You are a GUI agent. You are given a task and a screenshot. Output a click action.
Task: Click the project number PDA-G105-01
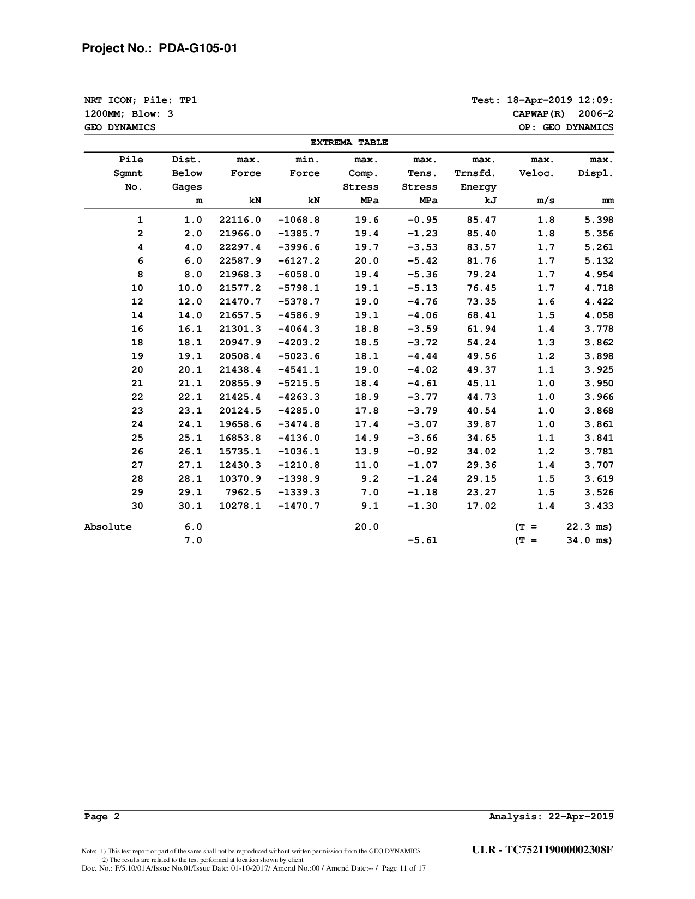coord(198,48)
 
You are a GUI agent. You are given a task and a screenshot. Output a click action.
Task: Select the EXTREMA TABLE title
coord(349,143)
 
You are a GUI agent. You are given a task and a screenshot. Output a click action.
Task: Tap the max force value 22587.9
coord(240,261)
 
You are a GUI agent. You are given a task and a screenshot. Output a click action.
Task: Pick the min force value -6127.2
coord(299,261)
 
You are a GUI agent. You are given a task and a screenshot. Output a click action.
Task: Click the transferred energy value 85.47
coord(482,220)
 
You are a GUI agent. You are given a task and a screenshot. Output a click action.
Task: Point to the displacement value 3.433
coord(599,506)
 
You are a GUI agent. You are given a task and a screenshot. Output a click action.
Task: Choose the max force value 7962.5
coord(243,493)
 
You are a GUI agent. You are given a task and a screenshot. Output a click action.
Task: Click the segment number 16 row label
coord(137,329)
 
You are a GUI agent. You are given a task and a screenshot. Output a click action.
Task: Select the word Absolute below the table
coord(108,527)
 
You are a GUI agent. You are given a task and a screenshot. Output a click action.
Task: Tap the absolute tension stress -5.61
coord(422,540)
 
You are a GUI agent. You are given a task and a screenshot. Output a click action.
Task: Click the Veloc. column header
coord(537,173)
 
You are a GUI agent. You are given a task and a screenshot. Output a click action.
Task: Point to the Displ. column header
coord(596,173)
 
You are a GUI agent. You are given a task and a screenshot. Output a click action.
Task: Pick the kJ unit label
coord(490,201)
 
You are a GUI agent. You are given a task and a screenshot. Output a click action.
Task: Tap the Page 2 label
coord(102,816)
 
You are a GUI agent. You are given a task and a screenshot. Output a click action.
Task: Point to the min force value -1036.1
coord(299,452)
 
